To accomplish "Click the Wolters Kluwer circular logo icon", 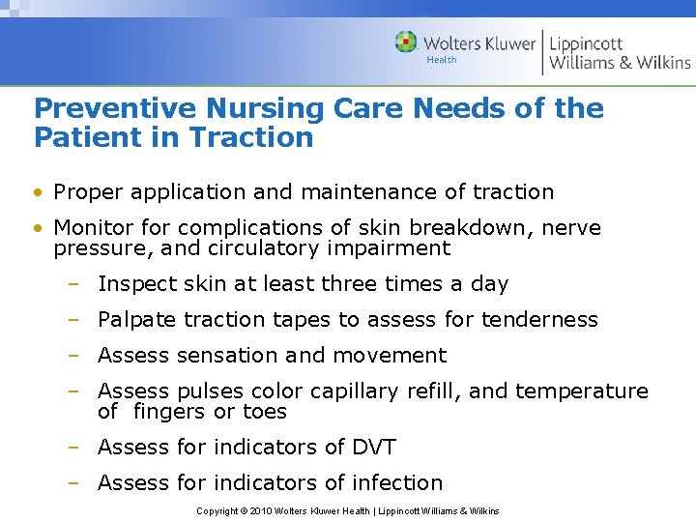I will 406,43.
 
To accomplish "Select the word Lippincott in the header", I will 586,43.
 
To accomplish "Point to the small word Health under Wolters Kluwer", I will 442,60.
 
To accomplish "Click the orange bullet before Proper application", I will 38,192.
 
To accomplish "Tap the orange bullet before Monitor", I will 38,228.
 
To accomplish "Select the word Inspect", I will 133,284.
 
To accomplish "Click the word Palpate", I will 137,320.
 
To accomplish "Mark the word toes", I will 266,412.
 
